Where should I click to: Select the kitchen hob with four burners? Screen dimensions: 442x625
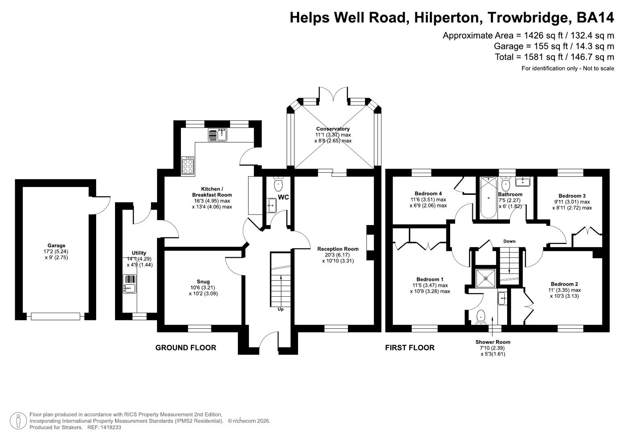[188, 165]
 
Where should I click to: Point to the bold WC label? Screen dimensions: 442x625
[283, 197]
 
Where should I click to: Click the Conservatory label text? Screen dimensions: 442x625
[333, 129]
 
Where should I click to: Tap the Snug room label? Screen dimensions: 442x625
[203, 282]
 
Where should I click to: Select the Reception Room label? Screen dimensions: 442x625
[338, 249]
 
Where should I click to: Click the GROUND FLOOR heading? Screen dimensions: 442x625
[185, 348]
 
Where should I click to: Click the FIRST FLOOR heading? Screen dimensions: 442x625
[410, 348]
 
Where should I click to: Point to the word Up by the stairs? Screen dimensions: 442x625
[281, 309]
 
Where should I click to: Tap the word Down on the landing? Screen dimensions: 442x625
[509, 241]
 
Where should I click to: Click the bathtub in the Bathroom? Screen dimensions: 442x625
[488, 197]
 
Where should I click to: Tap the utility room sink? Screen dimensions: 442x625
[130, 284]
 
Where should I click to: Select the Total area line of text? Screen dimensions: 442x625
[554, 57]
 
